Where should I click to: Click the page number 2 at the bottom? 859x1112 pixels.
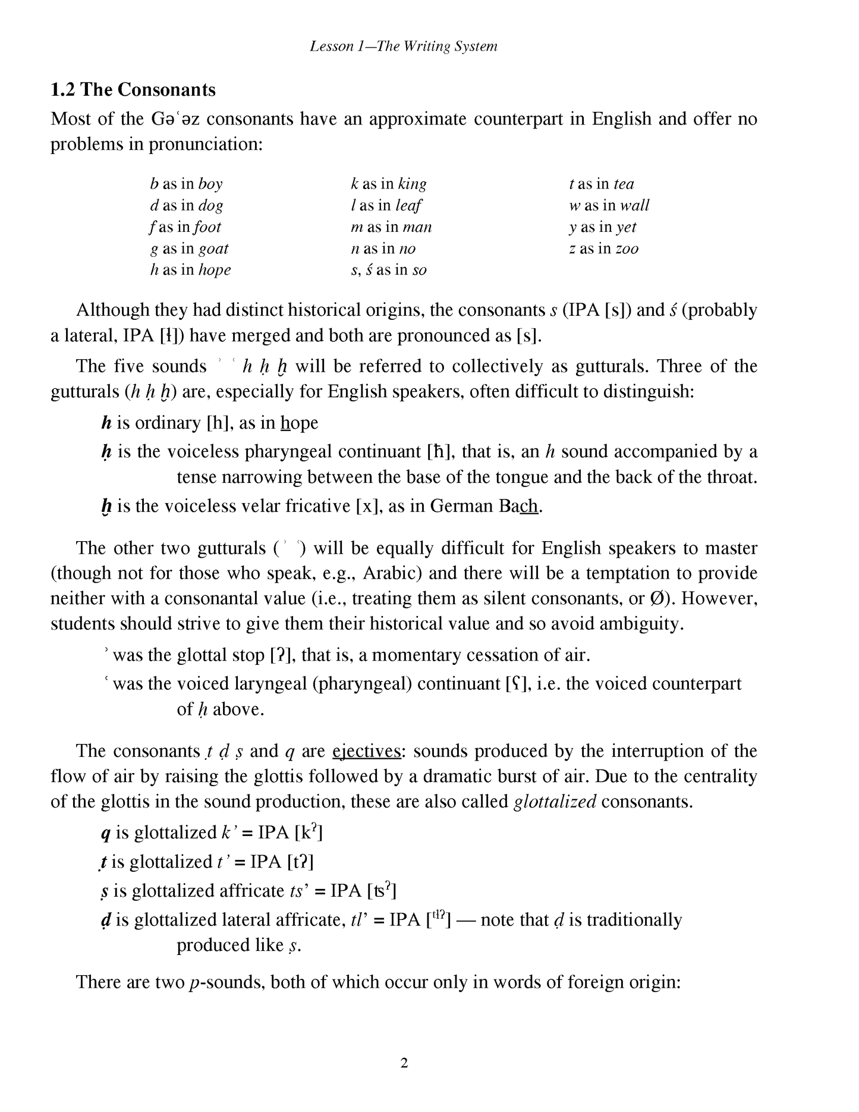(404, 1063)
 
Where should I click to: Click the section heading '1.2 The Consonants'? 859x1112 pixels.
(133, 90)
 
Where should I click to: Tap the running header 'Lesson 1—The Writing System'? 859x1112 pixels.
(404, 46)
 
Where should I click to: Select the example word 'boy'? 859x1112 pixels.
(210, 184)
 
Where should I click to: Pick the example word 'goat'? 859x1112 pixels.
(213, 249)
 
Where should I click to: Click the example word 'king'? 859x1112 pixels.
(412, 184)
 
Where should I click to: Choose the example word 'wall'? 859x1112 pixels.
(635, 206)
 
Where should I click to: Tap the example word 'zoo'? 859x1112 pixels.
(627, 249)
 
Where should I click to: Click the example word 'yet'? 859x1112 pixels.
(626, 227)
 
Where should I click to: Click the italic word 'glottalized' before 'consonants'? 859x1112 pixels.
(555, 802)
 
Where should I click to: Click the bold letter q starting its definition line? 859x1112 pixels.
(106, 833)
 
